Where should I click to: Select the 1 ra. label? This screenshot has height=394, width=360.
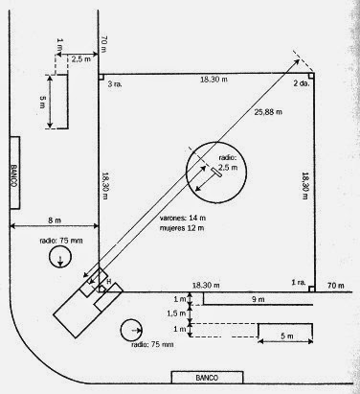299,284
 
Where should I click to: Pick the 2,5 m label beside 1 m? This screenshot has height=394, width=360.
81,58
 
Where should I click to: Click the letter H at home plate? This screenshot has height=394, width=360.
108,280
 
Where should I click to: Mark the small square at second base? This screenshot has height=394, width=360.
312,75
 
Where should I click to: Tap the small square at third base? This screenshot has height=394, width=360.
102,75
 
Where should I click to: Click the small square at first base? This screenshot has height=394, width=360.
312,288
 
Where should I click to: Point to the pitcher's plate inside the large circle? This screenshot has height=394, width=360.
217,174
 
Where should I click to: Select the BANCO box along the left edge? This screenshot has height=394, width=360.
14,172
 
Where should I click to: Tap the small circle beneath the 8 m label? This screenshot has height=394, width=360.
60,258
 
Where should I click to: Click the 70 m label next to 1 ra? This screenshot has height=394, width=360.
335,285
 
